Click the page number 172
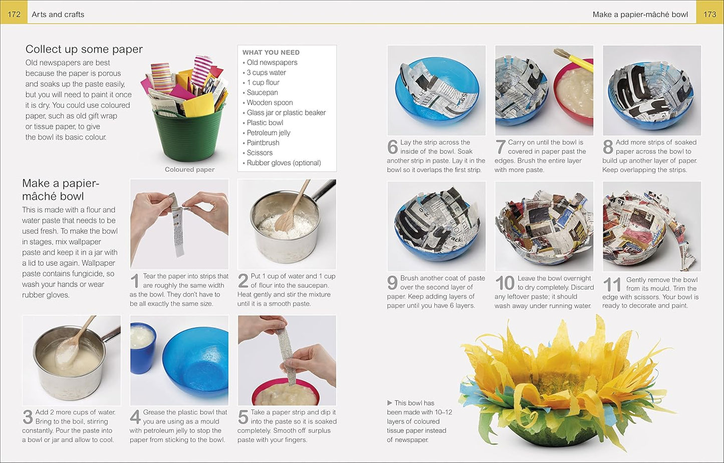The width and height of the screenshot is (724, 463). click(x=14, y=14)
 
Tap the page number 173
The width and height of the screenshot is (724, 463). click(x=709, y=14)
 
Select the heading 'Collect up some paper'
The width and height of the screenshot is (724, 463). click(x=84, y=49)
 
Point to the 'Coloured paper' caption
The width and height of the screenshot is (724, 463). click(x=189, y=169)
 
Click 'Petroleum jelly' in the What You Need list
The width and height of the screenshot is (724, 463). click(x=268, y=133)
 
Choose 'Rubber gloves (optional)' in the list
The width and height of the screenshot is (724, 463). click(x=284, y=163)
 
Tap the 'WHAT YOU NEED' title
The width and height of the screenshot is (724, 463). click(x=271, y=52)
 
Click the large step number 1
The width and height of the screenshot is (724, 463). click(x=134, y=281)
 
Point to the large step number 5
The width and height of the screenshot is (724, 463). click(x=243, y=417)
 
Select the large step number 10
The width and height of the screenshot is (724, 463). click(x=505, y=284)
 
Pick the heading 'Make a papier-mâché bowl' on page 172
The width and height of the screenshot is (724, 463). click(x=60, y=190)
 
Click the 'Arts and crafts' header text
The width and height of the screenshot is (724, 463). click(x=58, y=14)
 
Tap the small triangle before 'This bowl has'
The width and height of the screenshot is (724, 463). click(x=390, y=403)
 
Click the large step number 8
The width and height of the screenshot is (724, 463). click(x=608, y=147)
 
